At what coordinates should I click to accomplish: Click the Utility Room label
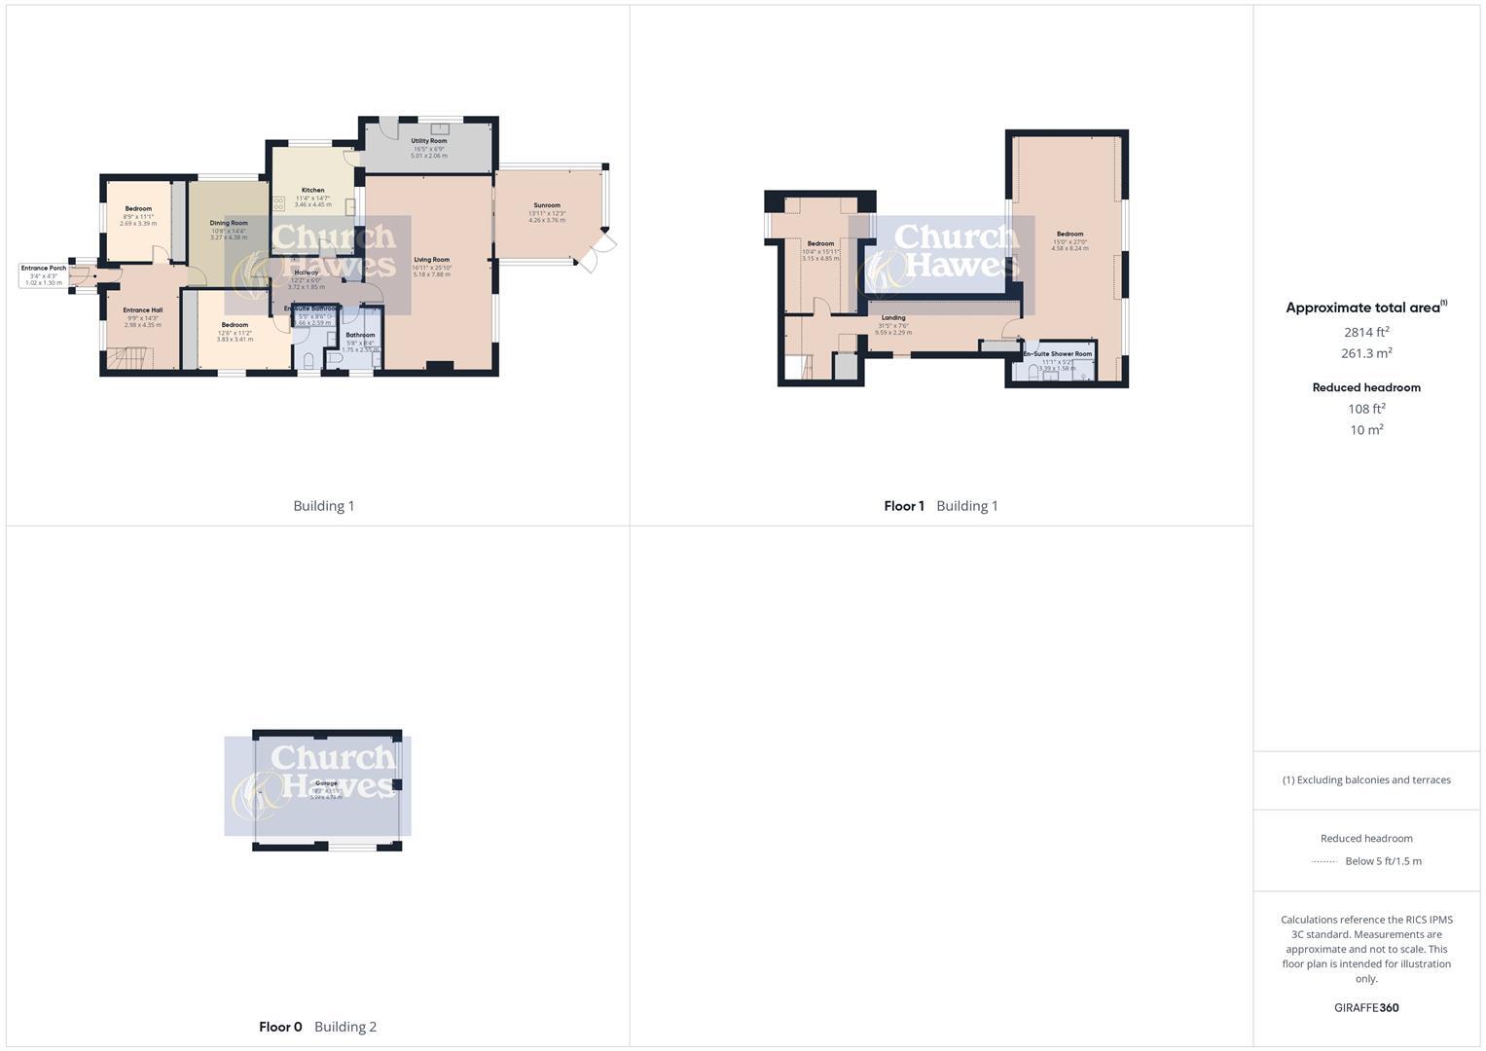pyautogui.click(x=428, y=141)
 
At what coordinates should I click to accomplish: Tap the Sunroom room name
pyautogui.click(x=547, y=205)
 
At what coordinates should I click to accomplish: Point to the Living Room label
pyautogui.click(x=432, y=260)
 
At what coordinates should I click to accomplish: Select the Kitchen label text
pyautogui.click(x=312, y=191)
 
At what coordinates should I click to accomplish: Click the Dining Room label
pyautogui.click(x=229, y=223)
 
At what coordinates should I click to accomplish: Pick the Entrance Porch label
pyautogui.click(x=44, y=269)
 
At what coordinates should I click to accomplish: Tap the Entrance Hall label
pyautogui.click(x=142, y=310)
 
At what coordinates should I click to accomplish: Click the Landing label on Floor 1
pyautogui.click(x=893, y=318)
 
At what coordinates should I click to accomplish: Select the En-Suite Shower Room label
pyautogui.click(x=1058, y=354)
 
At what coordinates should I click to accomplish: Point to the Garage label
pyautogui.click(x=326, y=783)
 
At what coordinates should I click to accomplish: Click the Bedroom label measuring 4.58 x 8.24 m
pyautogui.click(x=1069, y=235)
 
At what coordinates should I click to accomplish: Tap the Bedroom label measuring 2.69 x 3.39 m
pyautogui.click(x=138, y=209)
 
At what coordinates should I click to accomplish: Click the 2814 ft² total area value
pyautogui.click(x=1366, y=333)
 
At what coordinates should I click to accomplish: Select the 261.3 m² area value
pyautogui.click(x=1366, y=353)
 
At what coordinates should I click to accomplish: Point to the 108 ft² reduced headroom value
pyautogui.click(x=1366, y=409)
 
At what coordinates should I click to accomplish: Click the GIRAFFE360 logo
pyautogui.click(x=1366, y=1008)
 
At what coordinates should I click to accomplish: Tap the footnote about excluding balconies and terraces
pyautogui.click(x=1366, y=779)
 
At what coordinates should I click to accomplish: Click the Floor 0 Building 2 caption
pyautogui.click(x=317, y=1027)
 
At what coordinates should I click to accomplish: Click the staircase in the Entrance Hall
pyautogui.click(x=129, y=359)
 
